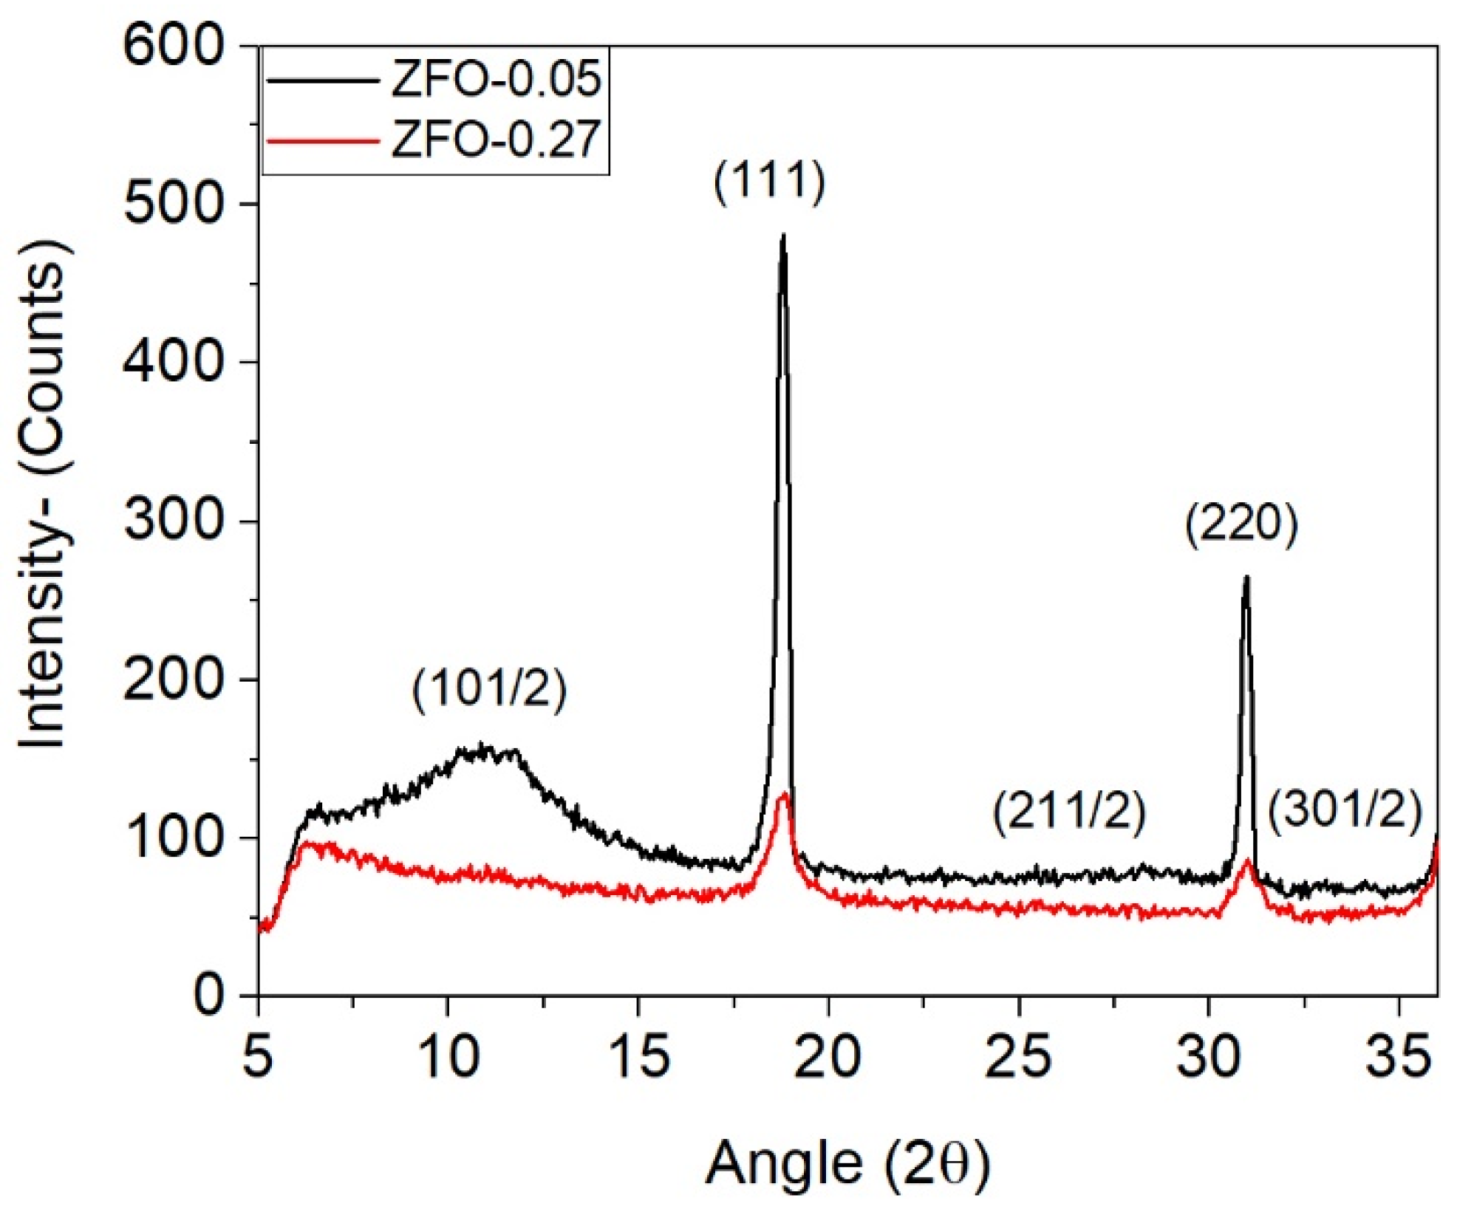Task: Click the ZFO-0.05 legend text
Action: click(x=495, y=79)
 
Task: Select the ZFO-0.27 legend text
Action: click(x=495, y=139)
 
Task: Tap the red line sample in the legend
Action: click(x=323, y=140)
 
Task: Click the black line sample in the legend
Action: click(x=323, y=80)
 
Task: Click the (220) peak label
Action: click(x=1241, y=524)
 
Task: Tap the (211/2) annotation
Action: click(x=1069, y=810)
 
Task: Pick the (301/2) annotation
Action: click(x=1345, y=809)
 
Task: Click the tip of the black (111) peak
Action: click(x=783, y=237)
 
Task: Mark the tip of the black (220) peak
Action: click(x=1246, y=578)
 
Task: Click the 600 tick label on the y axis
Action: click(x=173, y=46)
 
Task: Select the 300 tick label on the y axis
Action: click(x=173, y=521)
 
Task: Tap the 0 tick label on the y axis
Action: click(x=208, y=995)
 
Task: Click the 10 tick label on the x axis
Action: click(x=448, y=1056)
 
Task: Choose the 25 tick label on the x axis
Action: click(x=1017, y=1056)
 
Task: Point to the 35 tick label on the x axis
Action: click(x=1398, y=1056)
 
